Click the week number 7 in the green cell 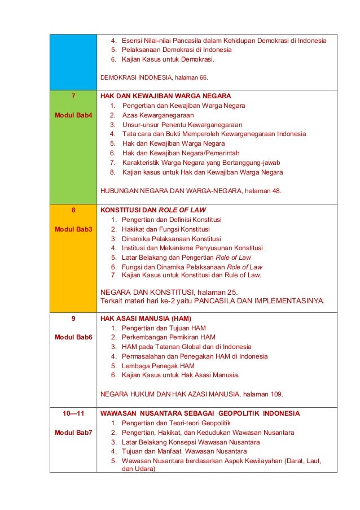73,96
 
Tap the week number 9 73,319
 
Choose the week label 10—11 73,413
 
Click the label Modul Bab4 73,115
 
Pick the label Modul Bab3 73,229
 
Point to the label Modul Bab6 73,337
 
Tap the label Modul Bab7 73,433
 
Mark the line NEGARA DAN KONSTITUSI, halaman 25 169,291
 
